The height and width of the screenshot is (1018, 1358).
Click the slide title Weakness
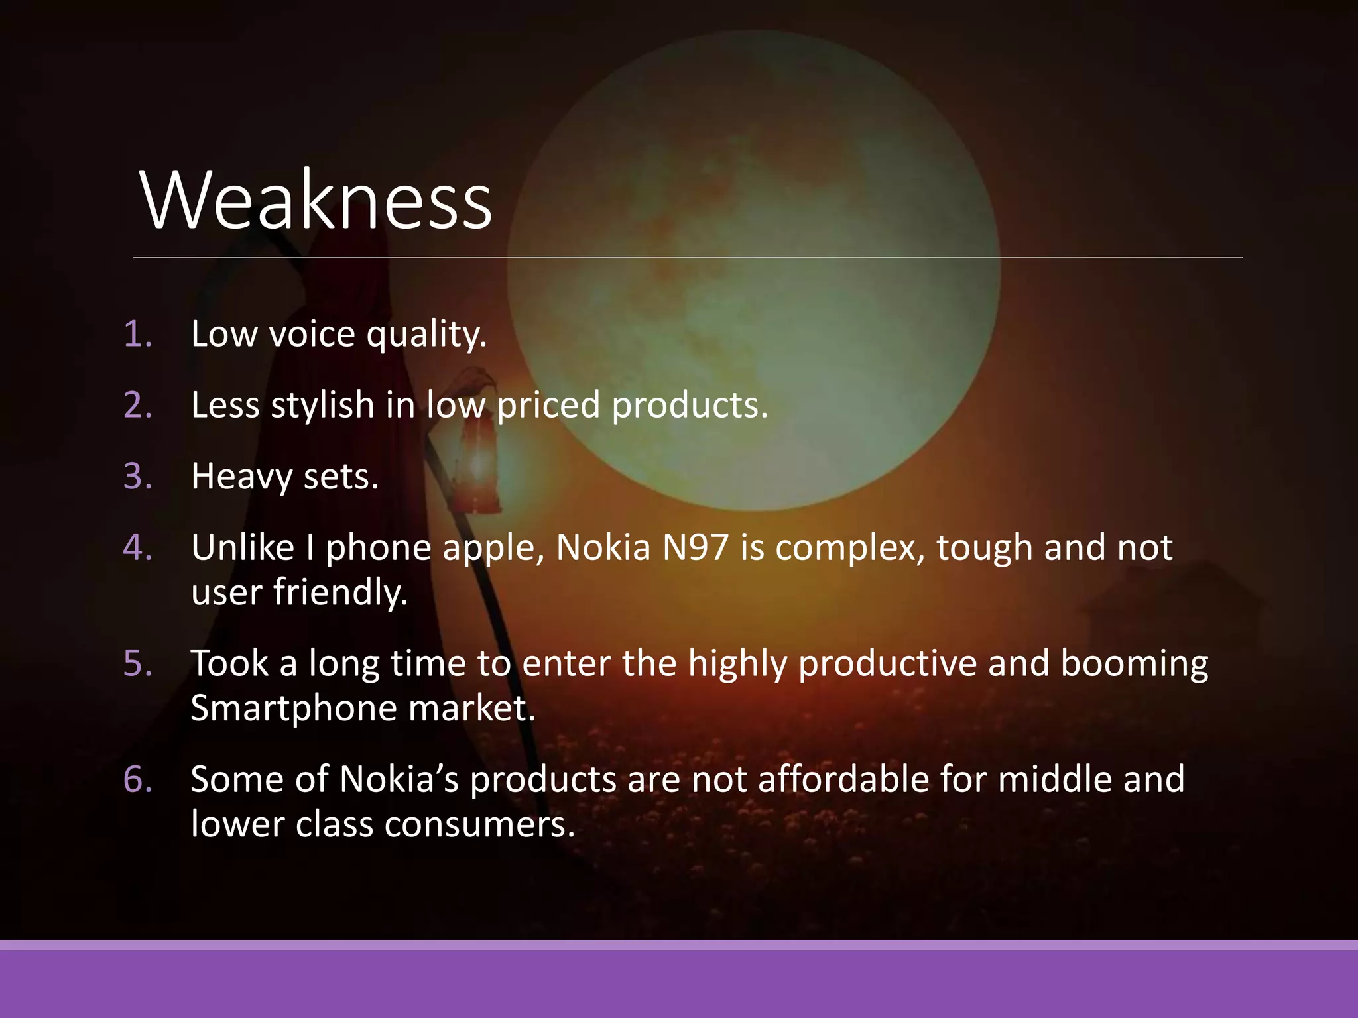[316, 200]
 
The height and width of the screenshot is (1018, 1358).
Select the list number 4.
[137, 547]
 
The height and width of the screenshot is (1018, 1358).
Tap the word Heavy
[241, 477]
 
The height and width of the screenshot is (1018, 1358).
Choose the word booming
[1134, 663]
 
